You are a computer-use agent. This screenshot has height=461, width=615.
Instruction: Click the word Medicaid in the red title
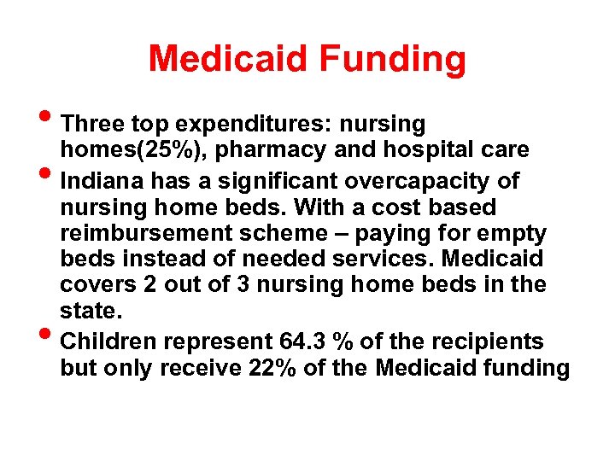point(227,59)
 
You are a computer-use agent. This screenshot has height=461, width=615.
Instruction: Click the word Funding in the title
point(393,59)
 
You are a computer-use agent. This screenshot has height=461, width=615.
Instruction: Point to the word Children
point(113,342)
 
